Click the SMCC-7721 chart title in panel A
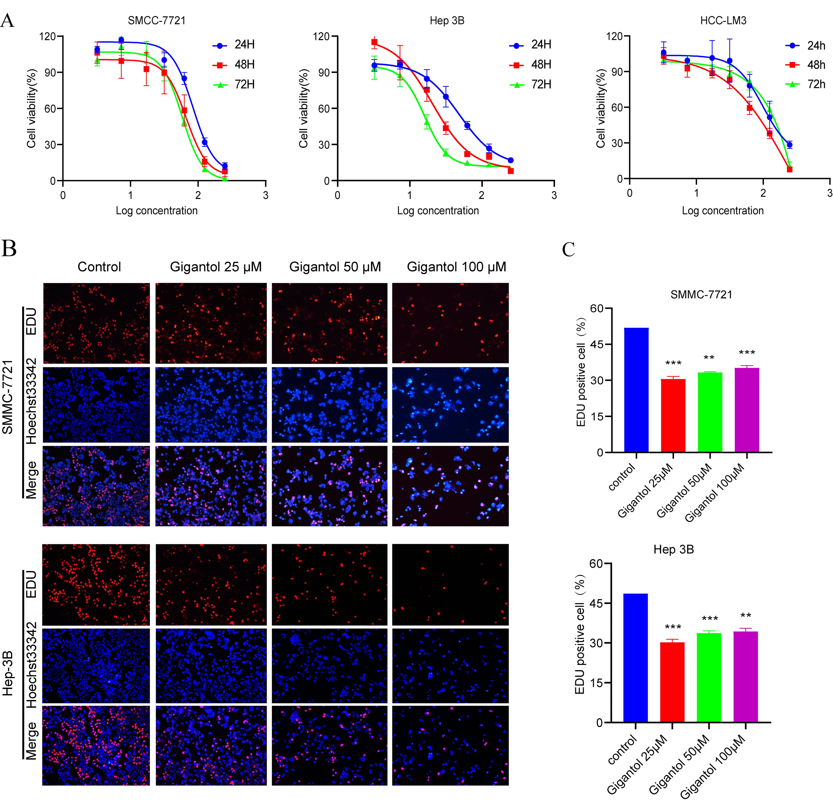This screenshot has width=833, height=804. click(157, 21)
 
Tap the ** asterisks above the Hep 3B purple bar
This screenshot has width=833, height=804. click(746, 616)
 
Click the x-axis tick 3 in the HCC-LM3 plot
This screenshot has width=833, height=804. click(829, 193)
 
